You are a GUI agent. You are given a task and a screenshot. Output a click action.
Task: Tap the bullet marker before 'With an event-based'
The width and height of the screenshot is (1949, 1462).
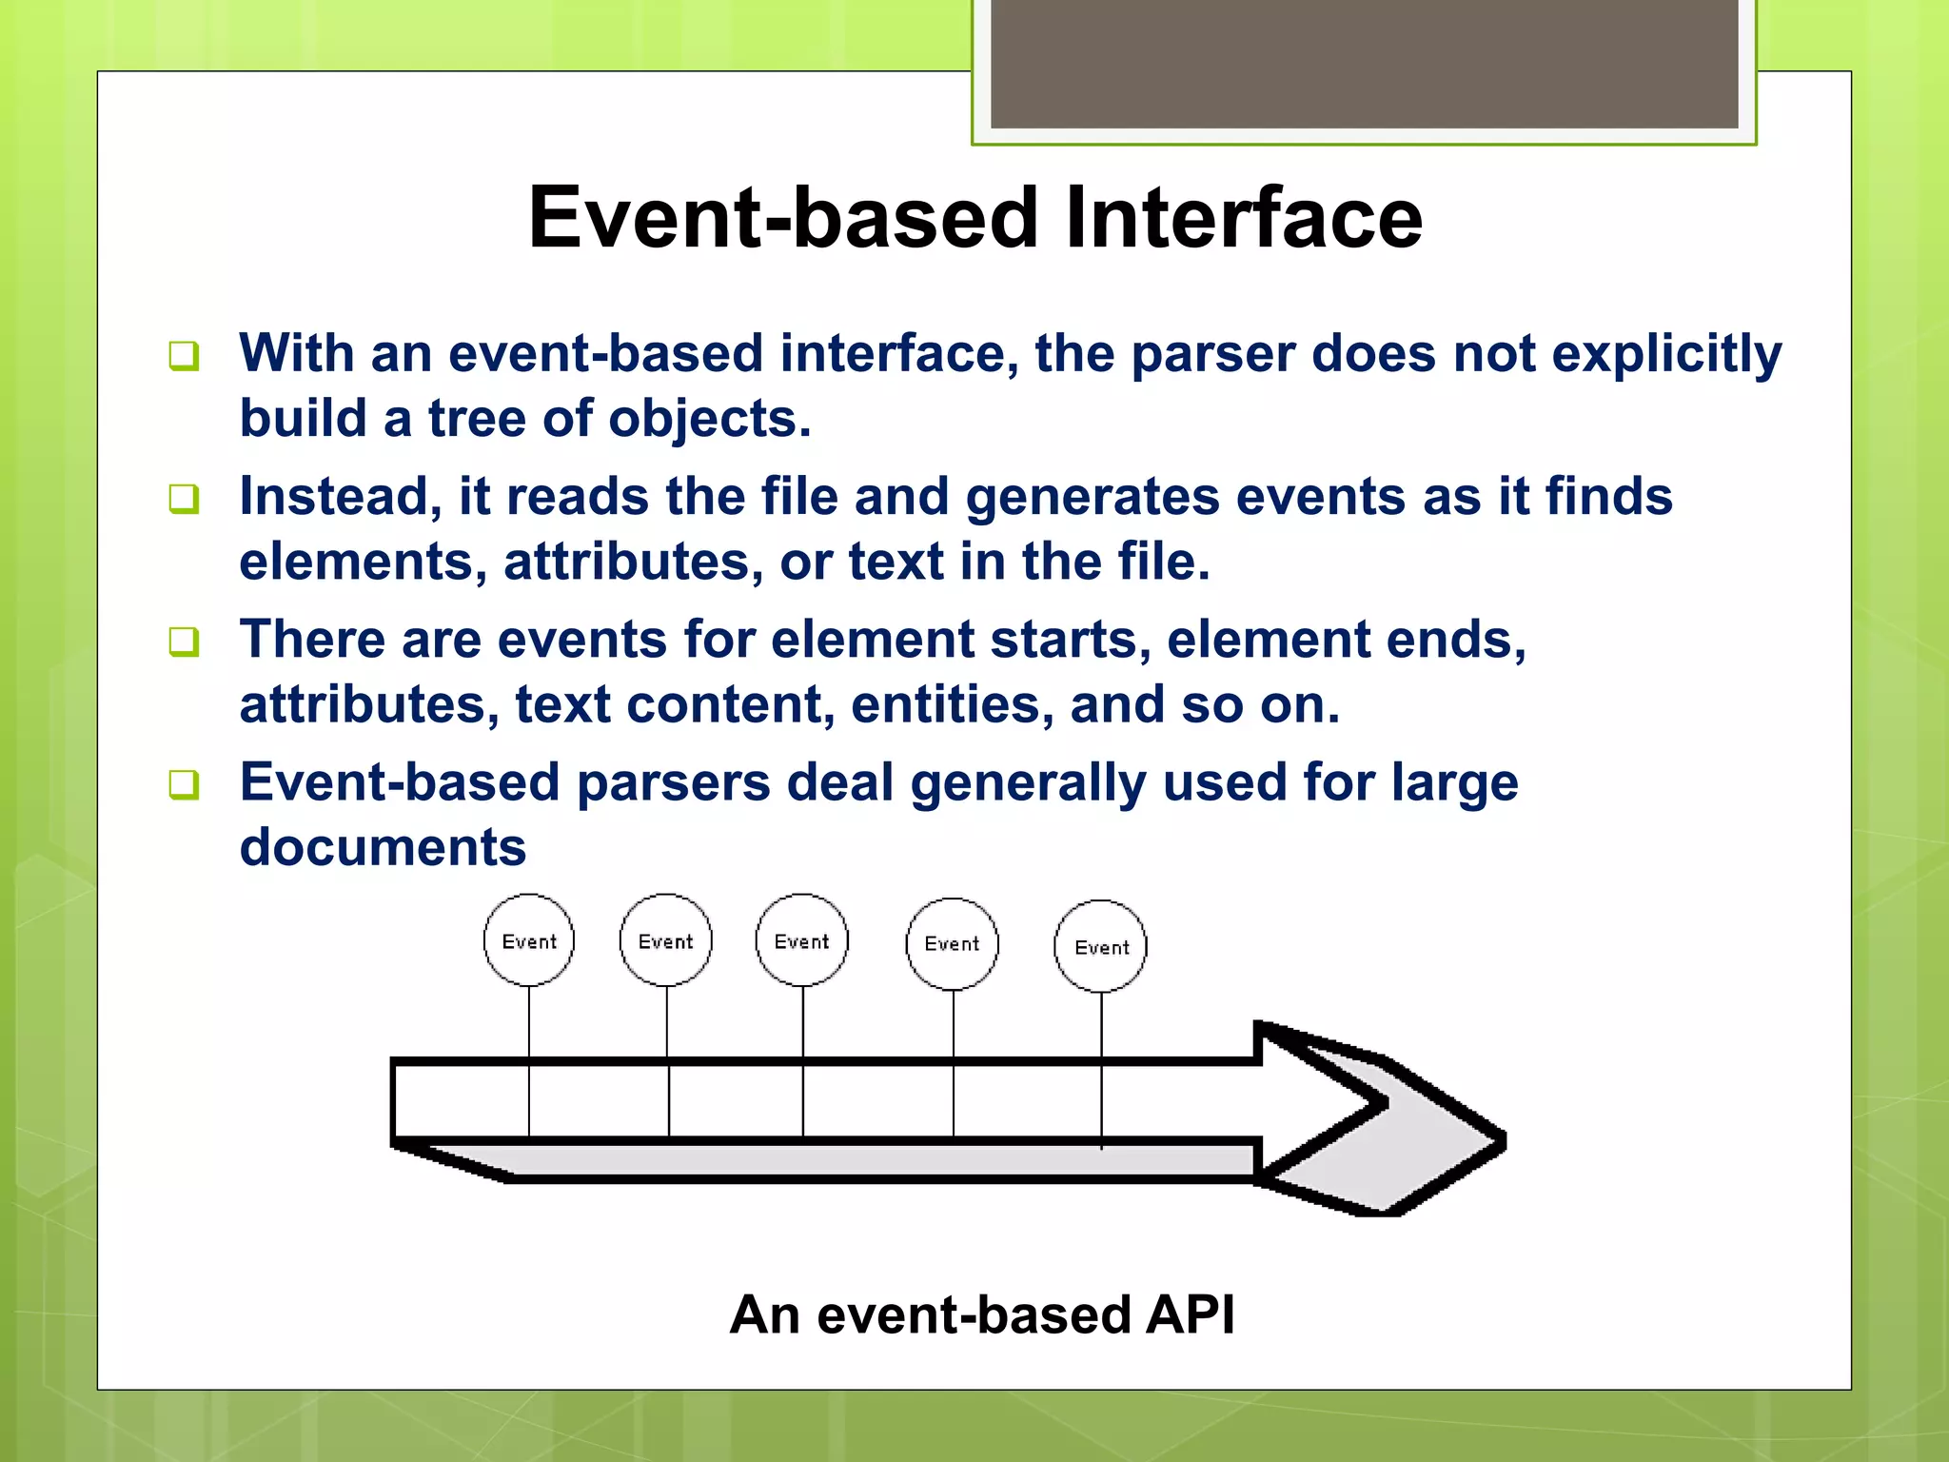[x=184, y=356]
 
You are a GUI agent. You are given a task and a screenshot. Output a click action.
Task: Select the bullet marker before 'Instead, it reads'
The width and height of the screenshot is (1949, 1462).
[x=184, y=499]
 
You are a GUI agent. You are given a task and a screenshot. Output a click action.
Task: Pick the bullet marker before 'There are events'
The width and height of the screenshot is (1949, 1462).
[x=184, y=642]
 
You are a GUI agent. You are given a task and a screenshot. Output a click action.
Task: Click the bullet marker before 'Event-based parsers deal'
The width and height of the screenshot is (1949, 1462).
[x=184, y=784]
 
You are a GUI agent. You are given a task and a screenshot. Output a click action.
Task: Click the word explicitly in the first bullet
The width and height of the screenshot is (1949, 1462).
[x=1666, y=355]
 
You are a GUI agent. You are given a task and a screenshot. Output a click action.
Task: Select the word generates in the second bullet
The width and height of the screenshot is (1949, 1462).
[x=1093, y=497]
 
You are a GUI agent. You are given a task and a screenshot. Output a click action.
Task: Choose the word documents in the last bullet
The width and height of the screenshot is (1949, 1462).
[x=383, y=847]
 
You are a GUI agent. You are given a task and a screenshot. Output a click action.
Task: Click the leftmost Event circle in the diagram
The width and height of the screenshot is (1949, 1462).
[x=529, y=940]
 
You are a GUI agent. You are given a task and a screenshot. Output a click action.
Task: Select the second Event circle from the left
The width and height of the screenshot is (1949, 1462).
[x=665, y=940]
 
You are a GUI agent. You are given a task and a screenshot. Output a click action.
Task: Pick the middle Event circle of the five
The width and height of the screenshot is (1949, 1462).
[x=801, y=940]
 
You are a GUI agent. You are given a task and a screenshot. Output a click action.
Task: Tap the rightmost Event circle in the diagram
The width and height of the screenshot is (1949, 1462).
[x=1101, y=946]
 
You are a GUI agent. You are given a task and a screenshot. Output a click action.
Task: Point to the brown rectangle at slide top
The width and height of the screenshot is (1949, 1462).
[x=1364, y=63]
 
